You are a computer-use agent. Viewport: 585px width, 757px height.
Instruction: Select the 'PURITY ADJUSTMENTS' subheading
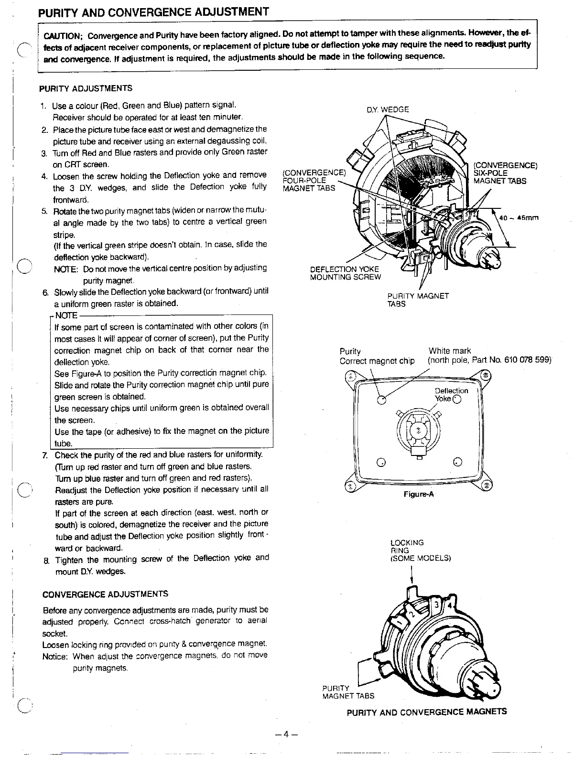pyautogui.click(x=86, y=88)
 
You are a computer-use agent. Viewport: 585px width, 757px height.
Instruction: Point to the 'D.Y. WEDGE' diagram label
pyautogui.click(x=388, y=109)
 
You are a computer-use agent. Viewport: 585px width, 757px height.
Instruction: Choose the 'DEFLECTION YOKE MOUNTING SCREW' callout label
pyautogui.click(x=346, y=273)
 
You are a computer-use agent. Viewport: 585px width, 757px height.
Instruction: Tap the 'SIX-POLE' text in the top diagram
pyautogui.click(x=490, y=173)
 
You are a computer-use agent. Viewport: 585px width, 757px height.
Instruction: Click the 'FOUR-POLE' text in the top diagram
pyautogui.click(x=304, y=180)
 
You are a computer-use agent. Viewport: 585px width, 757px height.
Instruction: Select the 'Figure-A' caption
pyautogui.click(x=418, y=495)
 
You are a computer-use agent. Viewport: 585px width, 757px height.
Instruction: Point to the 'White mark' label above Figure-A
pyautogui.click(x=450, y=351)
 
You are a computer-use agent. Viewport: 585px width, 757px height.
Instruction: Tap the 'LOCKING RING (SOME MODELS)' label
pyautogui.click(x=420, y=550)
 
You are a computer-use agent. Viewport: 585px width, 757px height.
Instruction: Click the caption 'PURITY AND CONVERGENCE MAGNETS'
pyautogui.click(x=426, y=712)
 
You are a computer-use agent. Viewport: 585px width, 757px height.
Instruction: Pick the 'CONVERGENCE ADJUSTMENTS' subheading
pyautogui.click(x=105, y=594)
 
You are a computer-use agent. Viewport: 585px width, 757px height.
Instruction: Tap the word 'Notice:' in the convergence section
pyautogui.click(x=56, y=657)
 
